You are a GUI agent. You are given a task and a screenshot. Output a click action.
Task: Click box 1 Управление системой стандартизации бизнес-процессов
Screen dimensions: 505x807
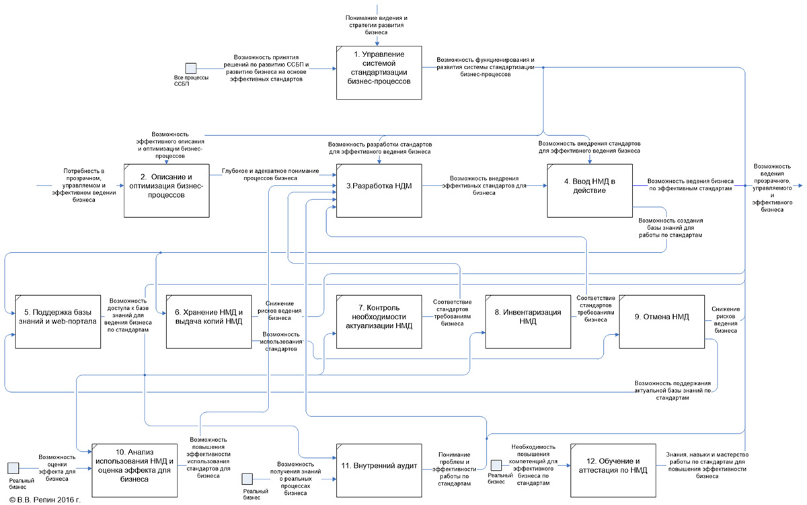pyautogui.click(x=379, y=72)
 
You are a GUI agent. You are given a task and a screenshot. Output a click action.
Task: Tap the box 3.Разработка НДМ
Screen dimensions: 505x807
pyautogui.click(x=379, y=190)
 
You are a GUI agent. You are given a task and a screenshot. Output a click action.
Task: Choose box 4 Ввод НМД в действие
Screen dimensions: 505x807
pyautogui.click(x=590, y=190)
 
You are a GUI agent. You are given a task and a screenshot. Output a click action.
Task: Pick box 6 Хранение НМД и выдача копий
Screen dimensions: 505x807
pyautogui.click(x=208, y=321)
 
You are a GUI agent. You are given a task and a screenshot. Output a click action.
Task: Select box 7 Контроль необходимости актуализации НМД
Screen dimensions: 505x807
pyautogui.click(x=379, y=321)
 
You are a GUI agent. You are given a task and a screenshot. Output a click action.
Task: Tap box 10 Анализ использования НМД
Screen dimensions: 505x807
pyautogui.click(x=134, y=466)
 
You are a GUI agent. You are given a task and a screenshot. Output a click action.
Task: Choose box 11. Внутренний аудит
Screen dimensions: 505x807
pyautogui.click(x=379, y=466)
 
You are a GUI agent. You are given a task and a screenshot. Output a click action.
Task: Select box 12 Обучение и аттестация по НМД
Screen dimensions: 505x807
pyautogui.click(x=612, y=466)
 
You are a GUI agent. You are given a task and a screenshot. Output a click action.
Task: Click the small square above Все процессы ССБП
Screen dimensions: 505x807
pyautogui.click(x=191, y=68)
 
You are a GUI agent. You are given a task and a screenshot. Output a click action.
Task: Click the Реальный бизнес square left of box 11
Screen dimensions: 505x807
pyautogui.click(x=247, y=479)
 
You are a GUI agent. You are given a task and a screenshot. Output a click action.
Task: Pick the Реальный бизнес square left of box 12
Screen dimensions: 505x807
pyautogui.click(x=496, y=465)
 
